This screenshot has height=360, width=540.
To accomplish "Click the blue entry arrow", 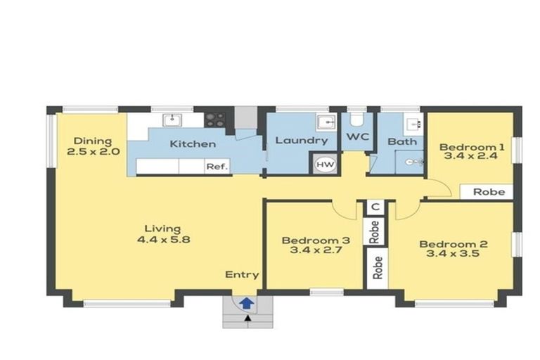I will coord(247,303).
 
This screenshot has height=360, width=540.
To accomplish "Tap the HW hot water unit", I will coord(325,164).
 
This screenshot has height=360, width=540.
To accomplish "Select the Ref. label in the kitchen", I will coord(214,167).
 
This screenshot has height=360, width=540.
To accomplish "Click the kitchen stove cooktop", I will coord(215,120).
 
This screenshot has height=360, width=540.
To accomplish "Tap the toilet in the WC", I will coord(356,118).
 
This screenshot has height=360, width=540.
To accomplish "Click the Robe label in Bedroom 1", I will coord(488,191).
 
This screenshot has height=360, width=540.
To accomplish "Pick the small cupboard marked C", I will coord(375,207).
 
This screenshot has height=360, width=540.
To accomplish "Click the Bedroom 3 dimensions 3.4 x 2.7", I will coord(311,250).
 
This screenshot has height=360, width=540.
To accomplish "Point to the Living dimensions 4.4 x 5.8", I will coord(163,238).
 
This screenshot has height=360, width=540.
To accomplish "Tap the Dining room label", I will coord(93,141).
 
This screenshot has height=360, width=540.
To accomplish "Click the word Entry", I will coord(242,274).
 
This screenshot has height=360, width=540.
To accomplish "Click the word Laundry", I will coord(301,141).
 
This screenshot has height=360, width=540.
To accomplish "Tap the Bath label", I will coord(402,141).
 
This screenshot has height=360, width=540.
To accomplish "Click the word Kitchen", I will coord(193,144).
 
